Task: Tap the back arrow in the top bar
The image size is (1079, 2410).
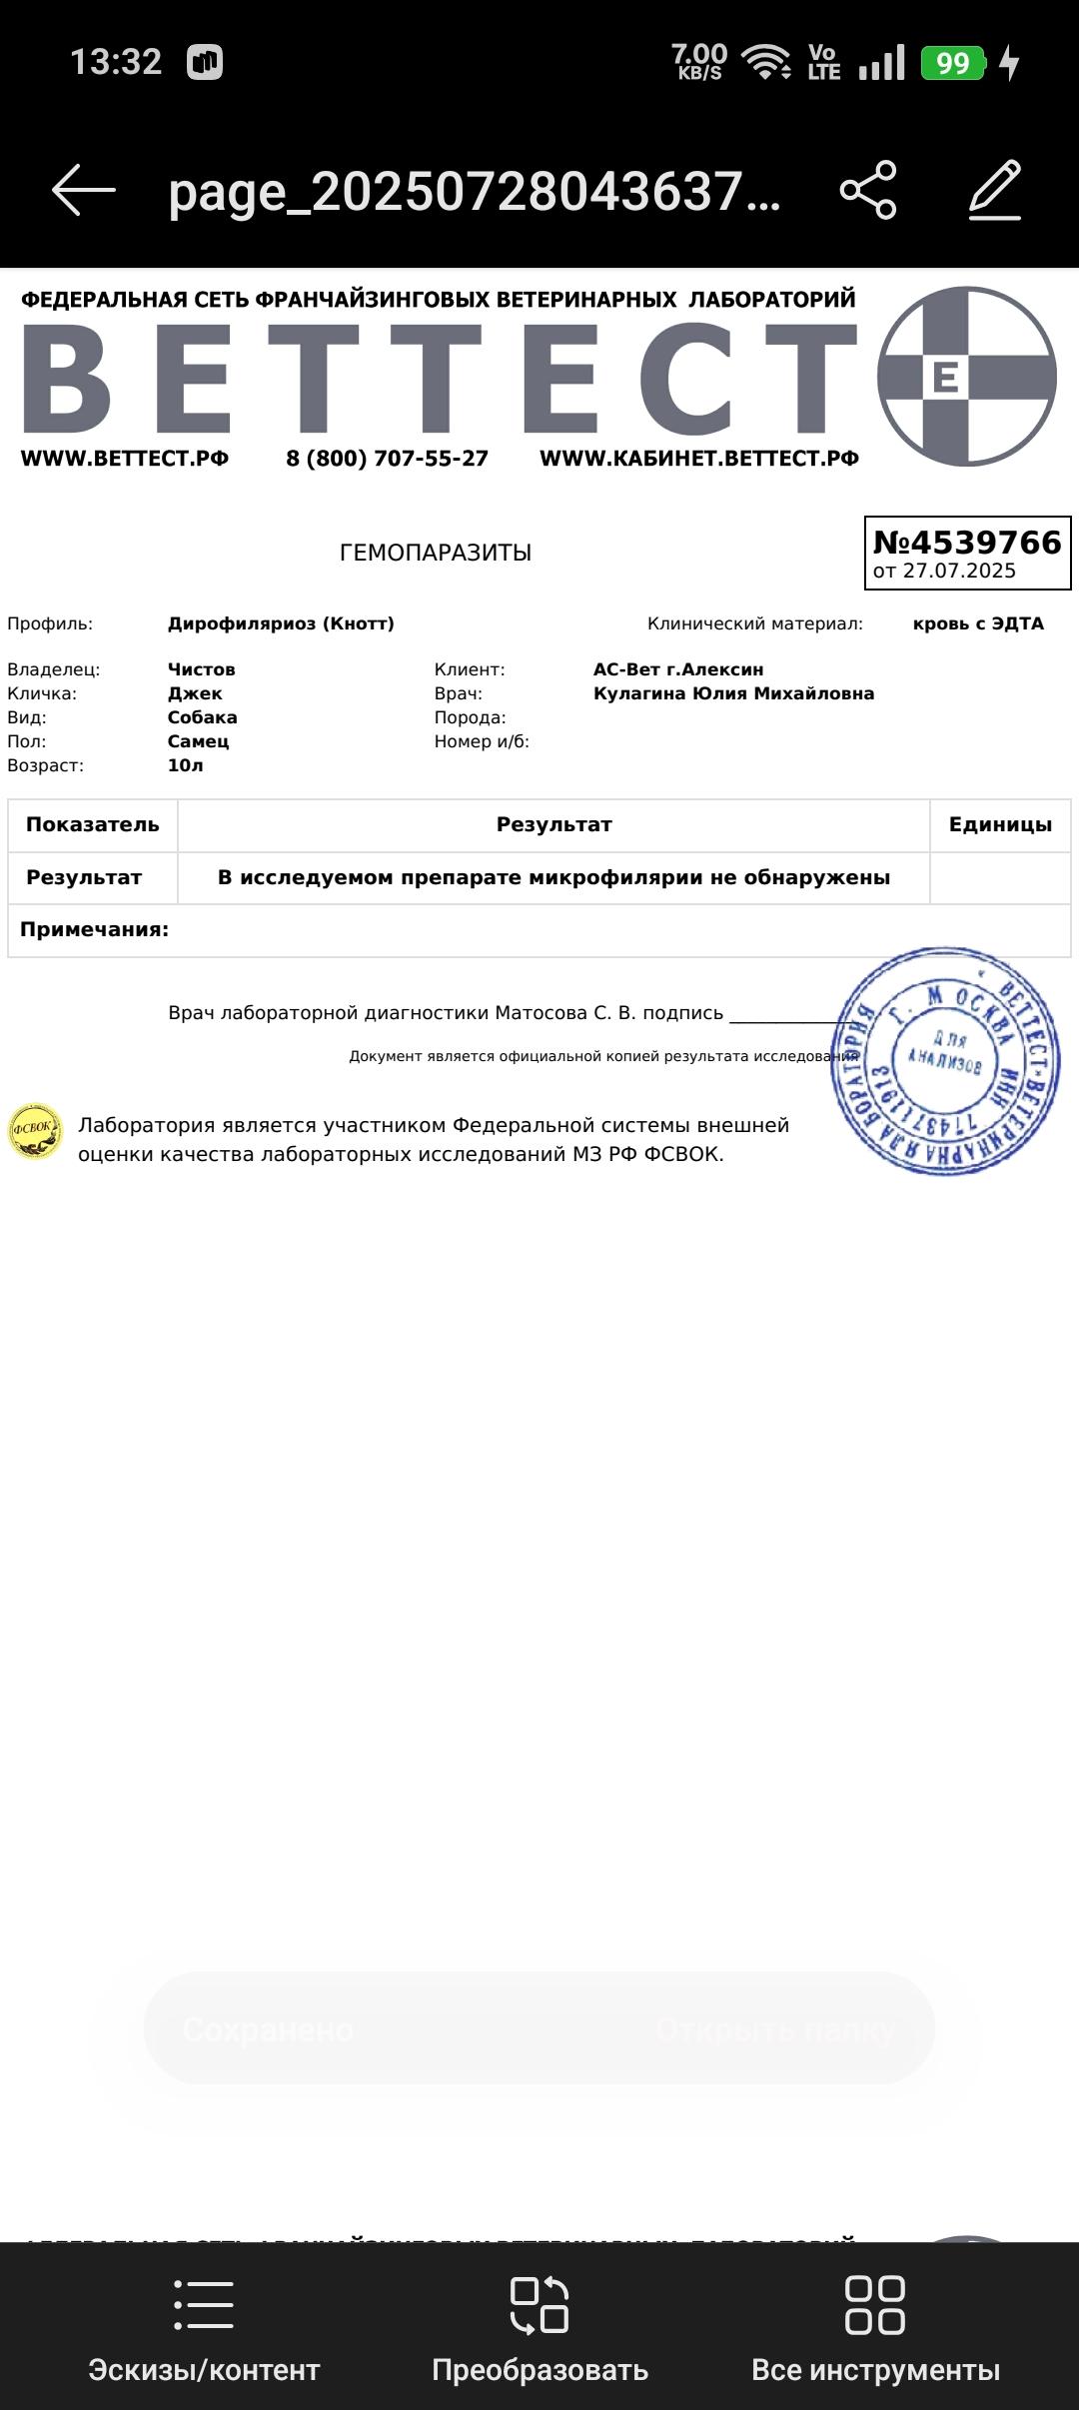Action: pos(84,190)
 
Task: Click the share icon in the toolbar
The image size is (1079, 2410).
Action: pos(868,190)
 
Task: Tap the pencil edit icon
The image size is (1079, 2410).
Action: pos(995,190)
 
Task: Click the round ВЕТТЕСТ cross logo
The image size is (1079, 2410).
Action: pos(966,377)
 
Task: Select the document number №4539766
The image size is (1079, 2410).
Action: pos(966,543)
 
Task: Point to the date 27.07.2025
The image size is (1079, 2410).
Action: pos(958,572)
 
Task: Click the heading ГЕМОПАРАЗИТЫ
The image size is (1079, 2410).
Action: pos(436,553)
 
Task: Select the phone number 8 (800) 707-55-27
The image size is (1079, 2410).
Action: pos(387,459)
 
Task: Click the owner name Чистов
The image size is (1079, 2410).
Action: pos(202,669)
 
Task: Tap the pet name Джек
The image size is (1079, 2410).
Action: pos(195,693)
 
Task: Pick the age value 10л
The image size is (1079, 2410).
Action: pos(186,765)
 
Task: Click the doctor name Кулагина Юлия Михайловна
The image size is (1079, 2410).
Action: pos(733,693)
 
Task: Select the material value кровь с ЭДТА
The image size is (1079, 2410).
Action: pos(978,623)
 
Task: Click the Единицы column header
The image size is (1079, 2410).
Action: pos(1000,824)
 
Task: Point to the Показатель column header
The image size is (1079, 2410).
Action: pos(93,824)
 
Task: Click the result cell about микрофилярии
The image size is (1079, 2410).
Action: pos(553,877)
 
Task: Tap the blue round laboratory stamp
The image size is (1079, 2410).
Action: pos(945,1061)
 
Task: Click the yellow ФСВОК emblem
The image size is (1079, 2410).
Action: pos(35,1132)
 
